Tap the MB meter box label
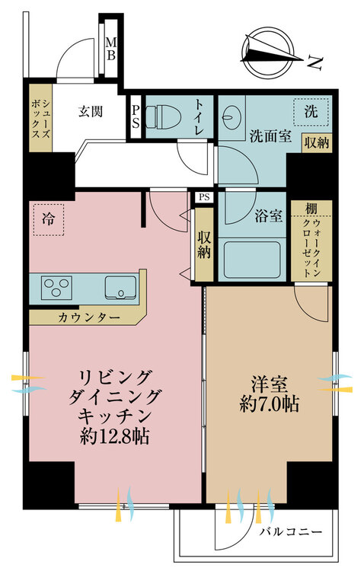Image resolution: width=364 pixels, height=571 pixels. tap(110, 49)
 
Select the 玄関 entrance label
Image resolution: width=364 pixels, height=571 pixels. tap(90, 111)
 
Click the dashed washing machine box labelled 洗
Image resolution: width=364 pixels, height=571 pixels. tap(311, 112)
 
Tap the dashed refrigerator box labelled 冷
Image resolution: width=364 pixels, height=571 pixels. tap(49, 219)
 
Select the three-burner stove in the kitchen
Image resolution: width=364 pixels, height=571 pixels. tap(56, 288)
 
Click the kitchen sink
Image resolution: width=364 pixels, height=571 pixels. tap(120, 288)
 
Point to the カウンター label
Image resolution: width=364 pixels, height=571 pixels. tap(89, 318)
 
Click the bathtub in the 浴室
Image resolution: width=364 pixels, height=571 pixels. tap(252, 260)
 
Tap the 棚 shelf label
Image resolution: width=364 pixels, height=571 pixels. tap(311, 209)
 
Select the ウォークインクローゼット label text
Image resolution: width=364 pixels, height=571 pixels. tap(311, 248)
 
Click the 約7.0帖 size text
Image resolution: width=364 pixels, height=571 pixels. tap(270, 404)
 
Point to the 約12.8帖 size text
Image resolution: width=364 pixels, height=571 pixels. tap(115, 436)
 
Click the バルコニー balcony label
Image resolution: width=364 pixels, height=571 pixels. tap(291, 532)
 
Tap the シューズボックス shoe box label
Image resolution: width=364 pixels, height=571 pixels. tap(40, 117)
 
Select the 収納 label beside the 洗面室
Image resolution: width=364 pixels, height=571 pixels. tap(317, 142)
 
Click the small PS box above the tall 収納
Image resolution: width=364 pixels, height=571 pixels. tap(204, 197)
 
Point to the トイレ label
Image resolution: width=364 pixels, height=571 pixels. tap(200, 116)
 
